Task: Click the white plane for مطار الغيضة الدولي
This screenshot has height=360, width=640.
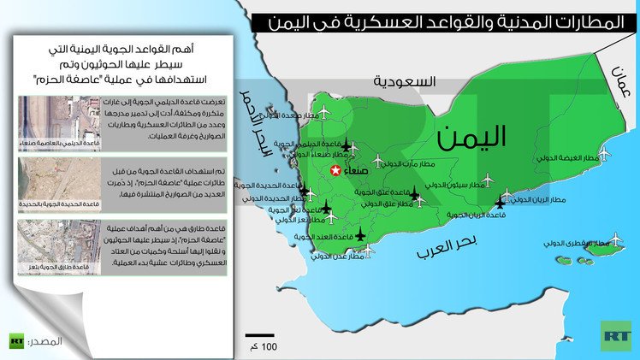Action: point(604,153)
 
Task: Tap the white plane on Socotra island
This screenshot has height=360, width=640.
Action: point(613,240)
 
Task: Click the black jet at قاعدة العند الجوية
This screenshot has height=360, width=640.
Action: point(359,234)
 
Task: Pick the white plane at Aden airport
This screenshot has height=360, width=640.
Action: point(368,251)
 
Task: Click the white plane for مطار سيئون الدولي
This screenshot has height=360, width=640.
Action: point(489,180)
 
